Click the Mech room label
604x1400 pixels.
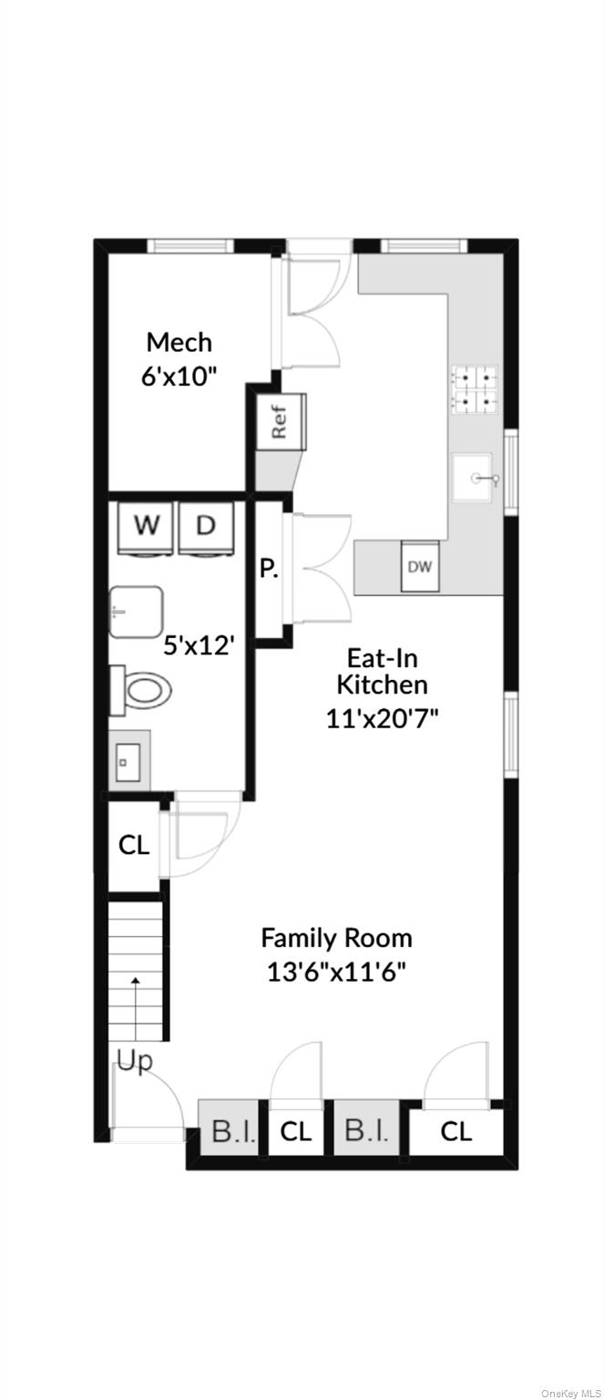179,342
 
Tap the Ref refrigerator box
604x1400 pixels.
282,420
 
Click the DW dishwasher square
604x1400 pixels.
420,566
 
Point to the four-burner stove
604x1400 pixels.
475,389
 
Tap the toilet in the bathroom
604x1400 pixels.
141,691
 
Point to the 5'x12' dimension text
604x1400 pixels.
199,644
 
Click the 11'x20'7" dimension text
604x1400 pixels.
383,718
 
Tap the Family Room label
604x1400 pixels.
337,938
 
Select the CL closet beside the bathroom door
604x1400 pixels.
134,846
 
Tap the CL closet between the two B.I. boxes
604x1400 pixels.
296,1130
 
